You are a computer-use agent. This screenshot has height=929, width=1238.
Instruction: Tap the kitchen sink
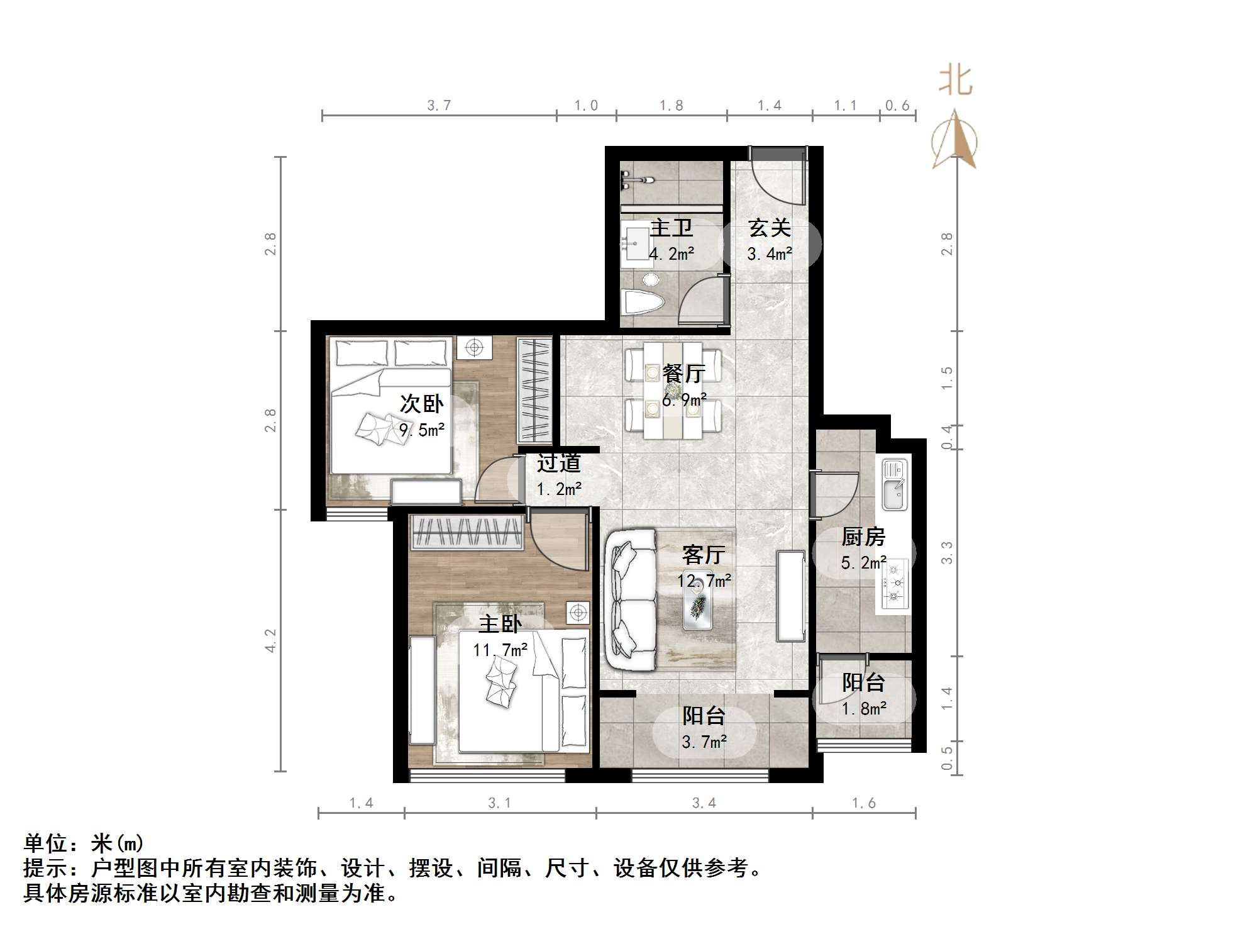pyautogui.click(x=893, y=484)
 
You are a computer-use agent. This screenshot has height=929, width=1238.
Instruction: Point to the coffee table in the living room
pyautogui.click(x=697, y=608)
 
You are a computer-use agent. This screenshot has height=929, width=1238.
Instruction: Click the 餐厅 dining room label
pyautogui.click(x=683, y=374)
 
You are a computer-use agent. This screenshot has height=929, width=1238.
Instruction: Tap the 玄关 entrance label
pyautogui.click(x=769, y=228)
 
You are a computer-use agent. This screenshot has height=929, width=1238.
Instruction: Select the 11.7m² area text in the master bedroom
pyautogui.click(x=500, y=649)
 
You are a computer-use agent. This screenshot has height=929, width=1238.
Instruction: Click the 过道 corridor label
pyautogui.click(x=558, y=464)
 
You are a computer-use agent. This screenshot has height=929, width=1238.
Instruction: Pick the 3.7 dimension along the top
pyautogui.click(x=439, y=106)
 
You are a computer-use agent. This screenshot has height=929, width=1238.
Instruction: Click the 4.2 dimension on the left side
pyautogui.click(x=270, y=640)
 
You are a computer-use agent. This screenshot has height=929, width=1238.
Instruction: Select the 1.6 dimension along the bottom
pyautogui.click(x=863, y=803)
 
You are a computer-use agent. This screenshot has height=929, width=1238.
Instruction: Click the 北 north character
pyautogui.click(x=955, y=81)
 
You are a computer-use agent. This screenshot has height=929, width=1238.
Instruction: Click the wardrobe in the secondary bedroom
pyautogui.click(x=534, y=390)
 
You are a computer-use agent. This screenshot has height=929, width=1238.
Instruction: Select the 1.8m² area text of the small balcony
pyautogui.click(x=864, y=709)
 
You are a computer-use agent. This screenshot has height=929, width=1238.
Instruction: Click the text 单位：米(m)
pyautogui.click(x=84, y=843)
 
